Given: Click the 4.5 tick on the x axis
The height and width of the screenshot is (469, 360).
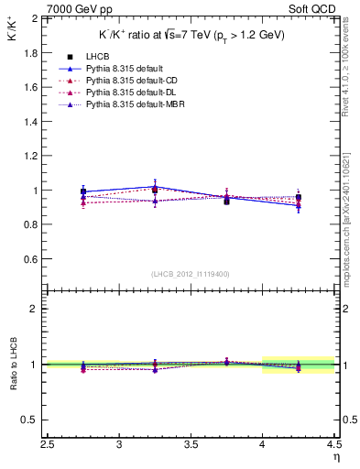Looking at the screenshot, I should point(333,447).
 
